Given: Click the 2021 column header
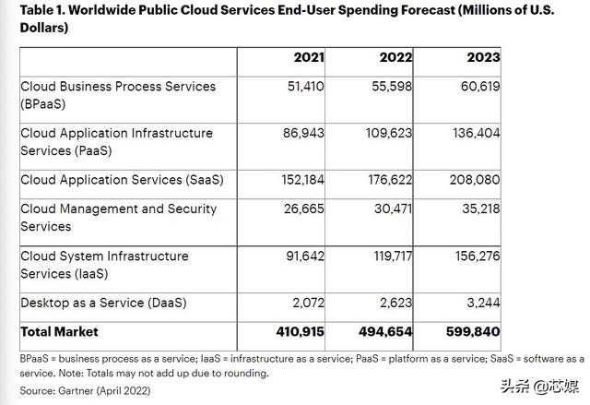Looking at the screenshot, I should point(309,57).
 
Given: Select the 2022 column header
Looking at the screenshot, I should point(395,57).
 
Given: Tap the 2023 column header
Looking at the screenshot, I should point(483,57).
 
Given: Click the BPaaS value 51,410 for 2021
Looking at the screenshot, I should point(304,86).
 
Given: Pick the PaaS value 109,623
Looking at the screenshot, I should point(387,133).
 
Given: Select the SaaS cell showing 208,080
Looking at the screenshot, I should point(475,180).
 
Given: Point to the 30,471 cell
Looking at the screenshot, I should point(392,208).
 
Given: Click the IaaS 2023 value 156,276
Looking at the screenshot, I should point(475,256).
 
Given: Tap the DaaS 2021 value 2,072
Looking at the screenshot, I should point(308,303).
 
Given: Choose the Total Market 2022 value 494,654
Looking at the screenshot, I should point(385,331).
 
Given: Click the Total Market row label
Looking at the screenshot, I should point(59,331).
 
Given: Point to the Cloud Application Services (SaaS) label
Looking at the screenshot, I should point(122,180).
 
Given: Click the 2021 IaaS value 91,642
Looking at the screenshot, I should point(304,256).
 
